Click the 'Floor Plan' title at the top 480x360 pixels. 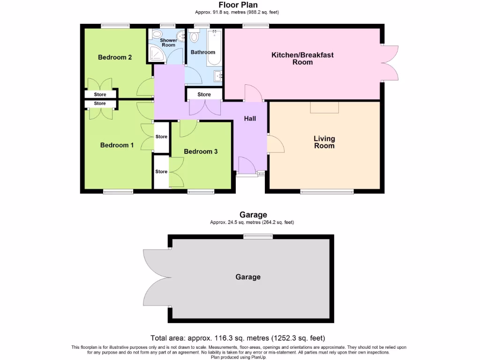pyautogui.click(x=239, y=5)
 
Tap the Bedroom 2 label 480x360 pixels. pyautogui.click(x=114, y=57)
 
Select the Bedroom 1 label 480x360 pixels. pyautogui.click(x=117, y=145)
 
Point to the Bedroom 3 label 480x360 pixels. pyautogui.click(x=201, y=151)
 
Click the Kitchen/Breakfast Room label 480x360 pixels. pyautogui.click(x=302, y=58)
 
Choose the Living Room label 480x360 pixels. pyautogui.click(x=324, y=142)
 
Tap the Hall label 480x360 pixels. pyautogui.click(x=250, y=119)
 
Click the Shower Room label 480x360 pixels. pyautogui.click(x=168, y=43)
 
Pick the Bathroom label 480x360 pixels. pyautogui.click(x=202, y=52)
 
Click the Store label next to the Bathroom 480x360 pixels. pyautogui.click(x=204, y=94)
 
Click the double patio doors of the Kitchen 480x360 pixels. pyautogui.click(x=390, y=62)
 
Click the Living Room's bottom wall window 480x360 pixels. pyautogui.click(x=327, y=191)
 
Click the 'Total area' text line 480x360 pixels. pyautogui.click(x=238, y=337)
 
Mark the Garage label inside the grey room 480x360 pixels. pyautogui.click(x=248, y=277)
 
